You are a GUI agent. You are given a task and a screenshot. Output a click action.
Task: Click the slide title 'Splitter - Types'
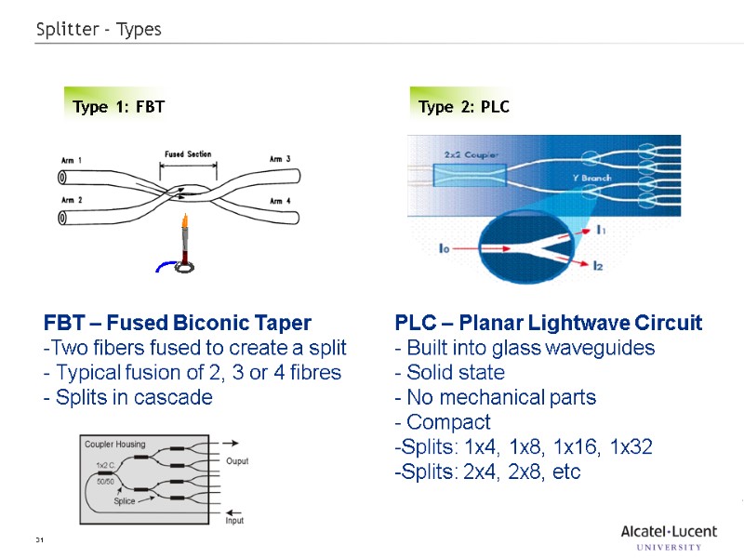tap(99, 30)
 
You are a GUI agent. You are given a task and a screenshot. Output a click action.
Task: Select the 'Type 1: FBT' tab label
tap(118, 107)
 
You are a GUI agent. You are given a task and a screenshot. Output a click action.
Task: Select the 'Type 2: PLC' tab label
tap(464, 107)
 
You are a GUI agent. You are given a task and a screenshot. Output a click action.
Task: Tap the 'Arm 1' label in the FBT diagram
tap(72, 160)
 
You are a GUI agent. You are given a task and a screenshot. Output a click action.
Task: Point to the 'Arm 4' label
tap(280, 201)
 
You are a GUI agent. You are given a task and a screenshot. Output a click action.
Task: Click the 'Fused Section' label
tap(188, 154)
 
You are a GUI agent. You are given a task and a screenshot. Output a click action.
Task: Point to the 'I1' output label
tap(603, 228)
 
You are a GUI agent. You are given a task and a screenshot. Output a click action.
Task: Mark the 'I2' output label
tap(598, 267)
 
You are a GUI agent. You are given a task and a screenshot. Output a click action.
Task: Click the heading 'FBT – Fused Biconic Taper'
tap(178, 324)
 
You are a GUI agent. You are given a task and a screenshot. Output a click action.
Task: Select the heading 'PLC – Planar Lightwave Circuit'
tap(549, 324)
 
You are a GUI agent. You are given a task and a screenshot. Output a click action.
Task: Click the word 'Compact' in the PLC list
tap(448, 422)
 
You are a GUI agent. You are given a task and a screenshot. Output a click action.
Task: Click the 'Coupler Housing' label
tap(116, 444)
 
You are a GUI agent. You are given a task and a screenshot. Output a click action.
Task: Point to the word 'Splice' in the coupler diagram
tap(124, 501)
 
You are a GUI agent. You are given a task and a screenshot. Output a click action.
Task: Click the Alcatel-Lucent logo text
tap(669, 532)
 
